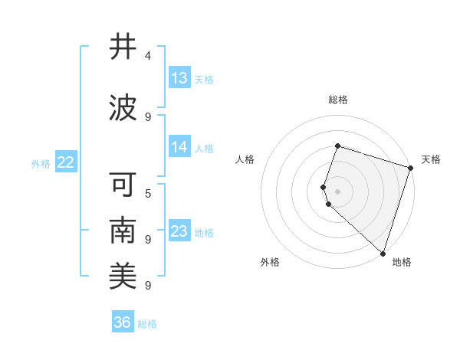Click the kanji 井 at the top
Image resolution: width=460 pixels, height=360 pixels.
pyautogui.click(x=123, y=47)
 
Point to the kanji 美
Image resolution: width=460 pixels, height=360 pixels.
pyautogui.click(x=123, y=276)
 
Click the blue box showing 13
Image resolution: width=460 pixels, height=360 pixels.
pyautogui.click(x=179, y=78)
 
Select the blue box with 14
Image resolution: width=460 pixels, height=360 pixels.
pyautogui.click(x=179, y=147)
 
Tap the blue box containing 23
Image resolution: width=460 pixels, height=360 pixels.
pyautogui.click(x=179, y=231)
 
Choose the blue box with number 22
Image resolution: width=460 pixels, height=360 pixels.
pyautogui.click(x=66, y=162)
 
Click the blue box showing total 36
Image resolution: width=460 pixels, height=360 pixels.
pyautogui.click(x=123, y=322)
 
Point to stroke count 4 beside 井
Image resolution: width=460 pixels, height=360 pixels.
pyautogui.click(x=148, y=56)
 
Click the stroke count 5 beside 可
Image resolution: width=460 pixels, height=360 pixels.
pyautogui.click(x=148, y=193)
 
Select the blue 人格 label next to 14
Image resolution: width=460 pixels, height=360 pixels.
pyautogui.click(x=204, y=148)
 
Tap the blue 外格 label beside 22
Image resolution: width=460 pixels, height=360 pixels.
pyautogui.click(x=41, y=163)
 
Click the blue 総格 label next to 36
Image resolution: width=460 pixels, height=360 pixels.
pyautogui.click(x=147, y=324)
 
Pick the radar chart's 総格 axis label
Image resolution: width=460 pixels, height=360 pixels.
pyautogui.click(x=337, y=100)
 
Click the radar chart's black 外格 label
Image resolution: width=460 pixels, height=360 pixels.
pyautogui.click(x=270, y=262)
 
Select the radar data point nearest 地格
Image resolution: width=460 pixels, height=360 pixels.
pyautogui.click(x=383, y=254)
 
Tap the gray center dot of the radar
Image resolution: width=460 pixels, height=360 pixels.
pyautogui.click(x=337, y=191)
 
